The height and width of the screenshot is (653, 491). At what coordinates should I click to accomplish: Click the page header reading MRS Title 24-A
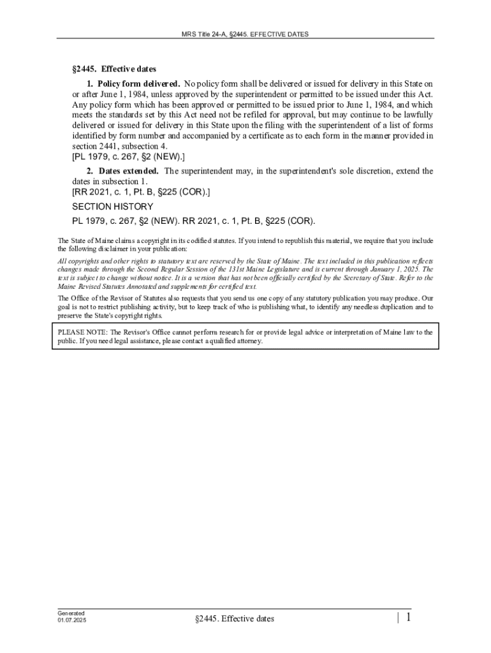click(x=246, y=34)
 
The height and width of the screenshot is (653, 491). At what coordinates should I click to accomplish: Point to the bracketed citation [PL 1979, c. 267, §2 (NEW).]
click(x=128, y=156)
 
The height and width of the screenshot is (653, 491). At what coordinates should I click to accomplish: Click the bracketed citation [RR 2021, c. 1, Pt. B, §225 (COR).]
click(x=141, y=192)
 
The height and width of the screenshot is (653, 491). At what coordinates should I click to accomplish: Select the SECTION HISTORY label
click(x=112, y=207)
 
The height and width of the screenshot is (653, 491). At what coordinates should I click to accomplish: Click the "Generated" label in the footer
click(x=71, y=613)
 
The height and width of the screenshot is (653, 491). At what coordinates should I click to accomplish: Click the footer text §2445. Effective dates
click(x=235, y=619)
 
